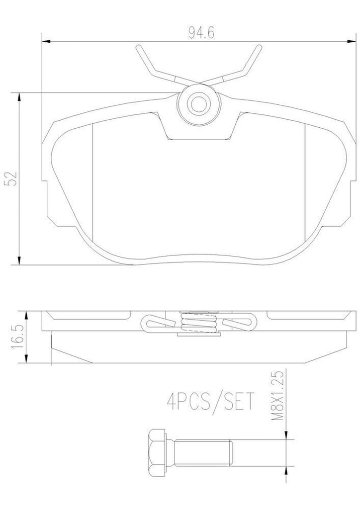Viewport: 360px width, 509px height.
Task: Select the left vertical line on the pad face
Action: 93,179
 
